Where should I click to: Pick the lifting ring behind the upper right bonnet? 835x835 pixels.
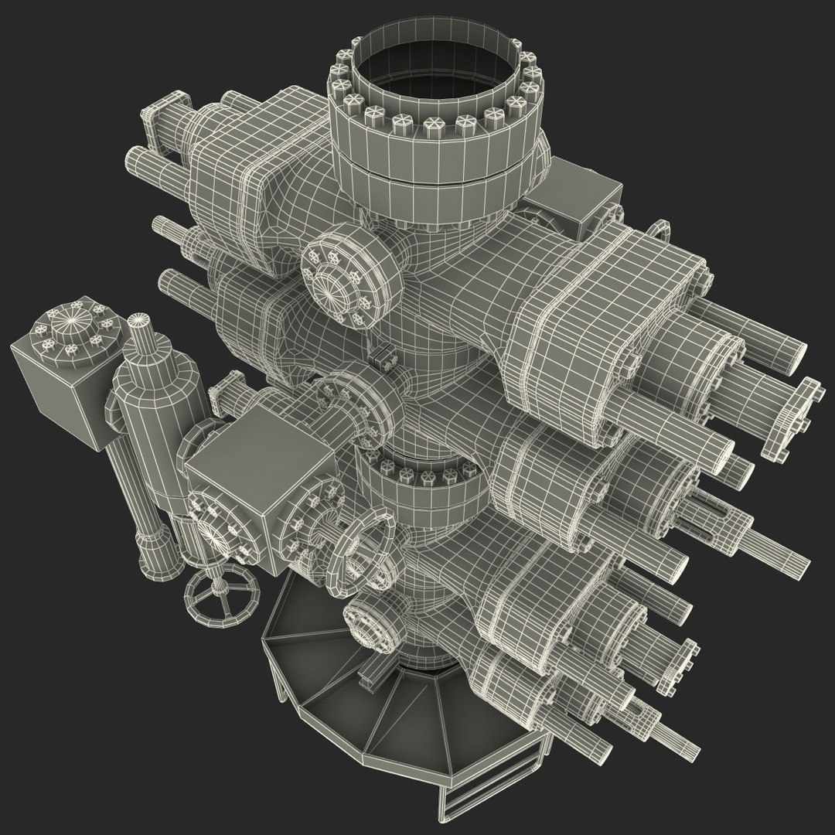pos(658,231)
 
